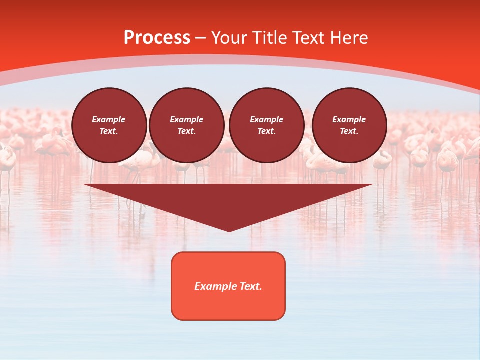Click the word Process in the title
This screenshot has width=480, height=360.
click(x=157, y=38)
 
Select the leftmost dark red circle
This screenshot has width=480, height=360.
click(x=109, y=125)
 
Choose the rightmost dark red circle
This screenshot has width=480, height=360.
click(x=349, y=125)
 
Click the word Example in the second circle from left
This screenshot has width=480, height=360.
click(x=186, y=119)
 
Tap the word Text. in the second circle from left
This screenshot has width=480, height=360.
click(x=186, y=131)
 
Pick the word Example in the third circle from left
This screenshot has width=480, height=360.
click(x=266, y=119)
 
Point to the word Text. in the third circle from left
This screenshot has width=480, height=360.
click(x=266, y=131)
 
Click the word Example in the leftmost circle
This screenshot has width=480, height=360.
click(x=109, y=119)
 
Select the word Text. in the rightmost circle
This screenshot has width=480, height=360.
click(x=349, y=131)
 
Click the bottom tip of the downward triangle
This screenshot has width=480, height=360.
click(x=229, y=231)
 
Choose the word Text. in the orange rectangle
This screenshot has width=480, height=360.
click(x=250, y=286)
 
